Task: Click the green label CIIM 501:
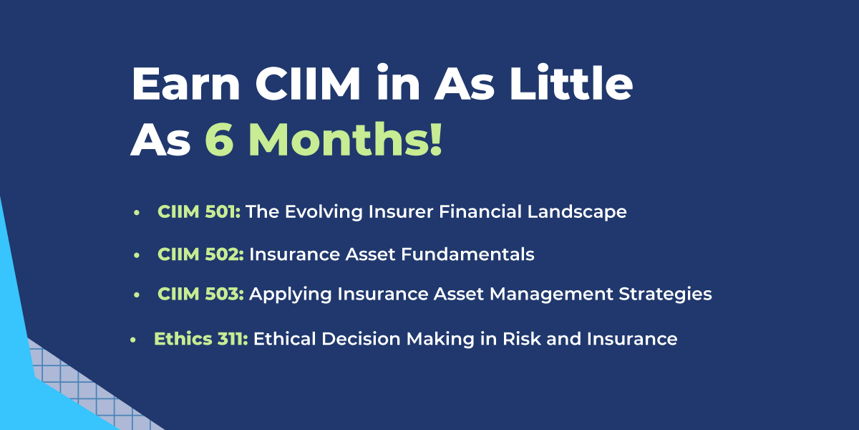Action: (199, 212)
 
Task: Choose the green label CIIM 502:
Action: (200, 254)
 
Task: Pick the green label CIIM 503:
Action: (200, 295)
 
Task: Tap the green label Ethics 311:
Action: (201, 339)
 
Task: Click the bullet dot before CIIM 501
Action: (136, 213)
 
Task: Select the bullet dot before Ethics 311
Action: (132, 340)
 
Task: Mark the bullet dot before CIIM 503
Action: (136, 295)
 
